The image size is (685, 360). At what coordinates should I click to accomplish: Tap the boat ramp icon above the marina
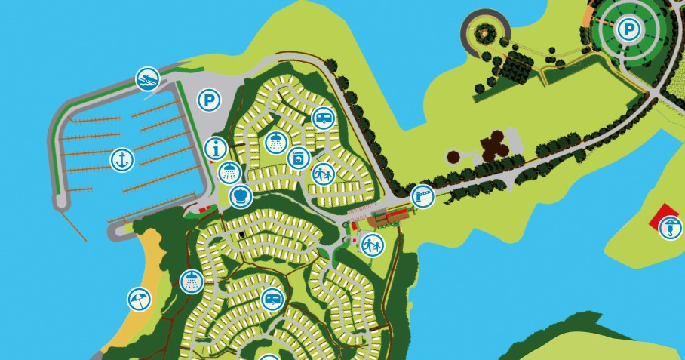148,78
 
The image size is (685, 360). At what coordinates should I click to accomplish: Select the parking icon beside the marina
209,100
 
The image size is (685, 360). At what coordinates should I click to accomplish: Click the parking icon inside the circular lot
627,30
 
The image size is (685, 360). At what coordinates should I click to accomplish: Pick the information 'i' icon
216,148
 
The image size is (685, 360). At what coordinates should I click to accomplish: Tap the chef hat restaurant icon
240,196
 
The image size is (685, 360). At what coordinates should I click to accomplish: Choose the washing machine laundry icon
297,158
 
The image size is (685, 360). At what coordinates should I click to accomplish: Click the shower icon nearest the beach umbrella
192,282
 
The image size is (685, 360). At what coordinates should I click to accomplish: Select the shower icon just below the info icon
229,173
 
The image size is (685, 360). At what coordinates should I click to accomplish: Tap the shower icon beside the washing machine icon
276,141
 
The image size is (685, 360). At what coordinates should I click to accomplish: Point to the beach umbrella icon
138,300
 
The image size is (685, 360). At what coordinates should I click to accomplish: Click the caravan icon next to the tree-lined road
323,118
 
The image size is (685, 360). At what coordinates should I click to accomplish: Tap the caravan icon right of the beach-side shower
272,300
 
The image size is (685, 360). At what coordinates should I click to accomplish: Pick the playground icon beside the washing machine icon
323,174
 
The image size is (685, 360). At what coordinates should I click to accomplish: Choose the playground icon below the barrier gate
372,245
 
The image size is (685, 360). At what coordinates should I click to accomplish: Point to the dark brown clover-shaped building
495,145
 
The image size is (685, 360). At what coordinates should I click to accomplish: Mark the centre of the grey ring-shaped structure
483,32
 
